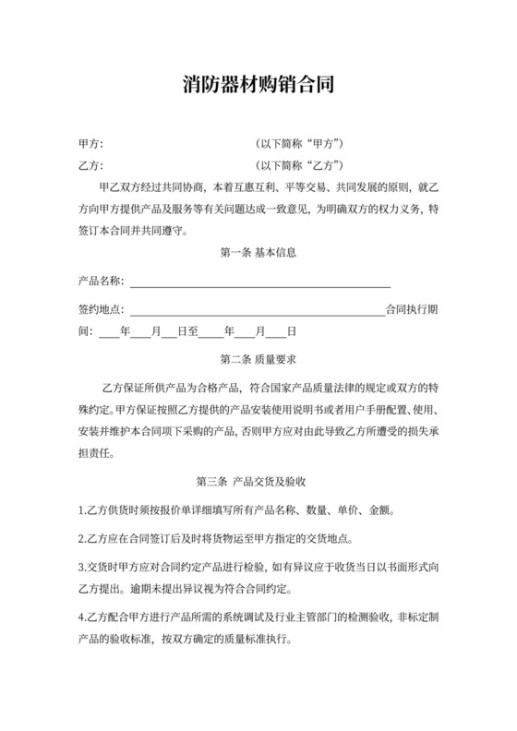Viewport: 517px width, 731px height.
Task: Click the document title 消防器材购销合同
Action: pyautogui.click(x=258, y=86)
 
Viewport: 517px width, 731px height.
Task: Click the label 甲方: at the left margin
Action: pyautogui.click(x=91, y=144)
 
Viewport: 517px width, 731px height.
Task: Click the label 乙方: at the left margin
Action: pyautogui.click(x=91, y=165)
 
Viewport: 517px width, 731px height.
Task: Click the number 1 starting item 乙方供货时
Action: pyautogui.click(x=81, y=510)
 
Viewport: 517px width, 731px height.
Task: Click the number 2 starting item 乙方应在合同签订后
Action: pyautogui.click(x=81, y=539)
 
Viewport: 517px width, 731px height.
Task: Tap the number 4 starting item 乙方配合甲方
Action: pyautogui.click(x=81, y=617)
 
